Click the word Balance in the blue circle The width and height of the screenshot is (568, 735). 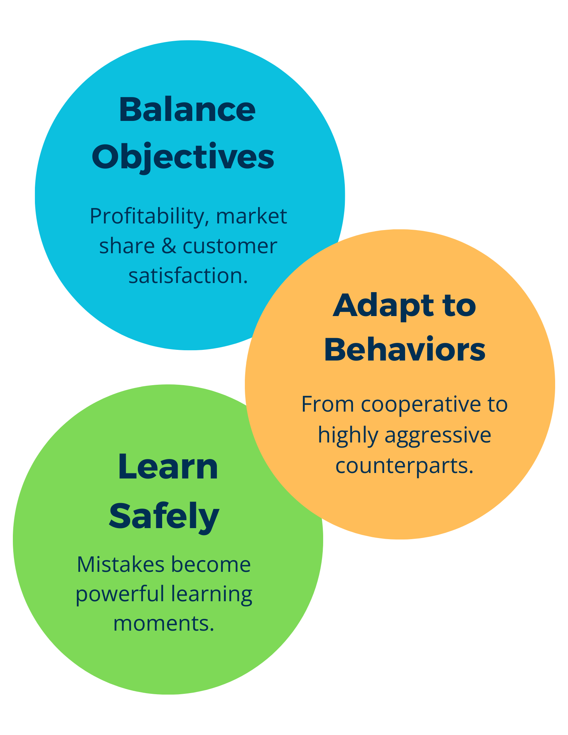coord(187,110)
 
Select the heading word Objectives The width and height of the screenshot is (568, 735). coord(183,157)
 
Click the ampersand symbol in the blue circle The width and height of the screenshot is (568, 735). coord(169,246)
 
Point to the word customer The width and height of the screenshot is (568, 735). coord(229,246)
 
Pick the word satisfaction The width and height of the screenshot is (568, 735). coord(188,276)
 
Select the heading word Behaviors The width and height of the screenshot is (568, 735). coord(404,349)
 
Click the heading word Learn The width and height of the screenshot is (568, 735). coord(168,467)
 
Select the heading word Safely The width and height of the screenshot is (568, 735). coord(164,515)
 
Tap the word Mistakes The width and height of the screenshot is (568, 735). coord(120,564)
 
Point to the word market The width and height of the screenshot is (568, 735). coord(251,216)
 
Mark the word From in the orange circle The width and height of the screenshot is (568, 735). coord(328,404)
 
